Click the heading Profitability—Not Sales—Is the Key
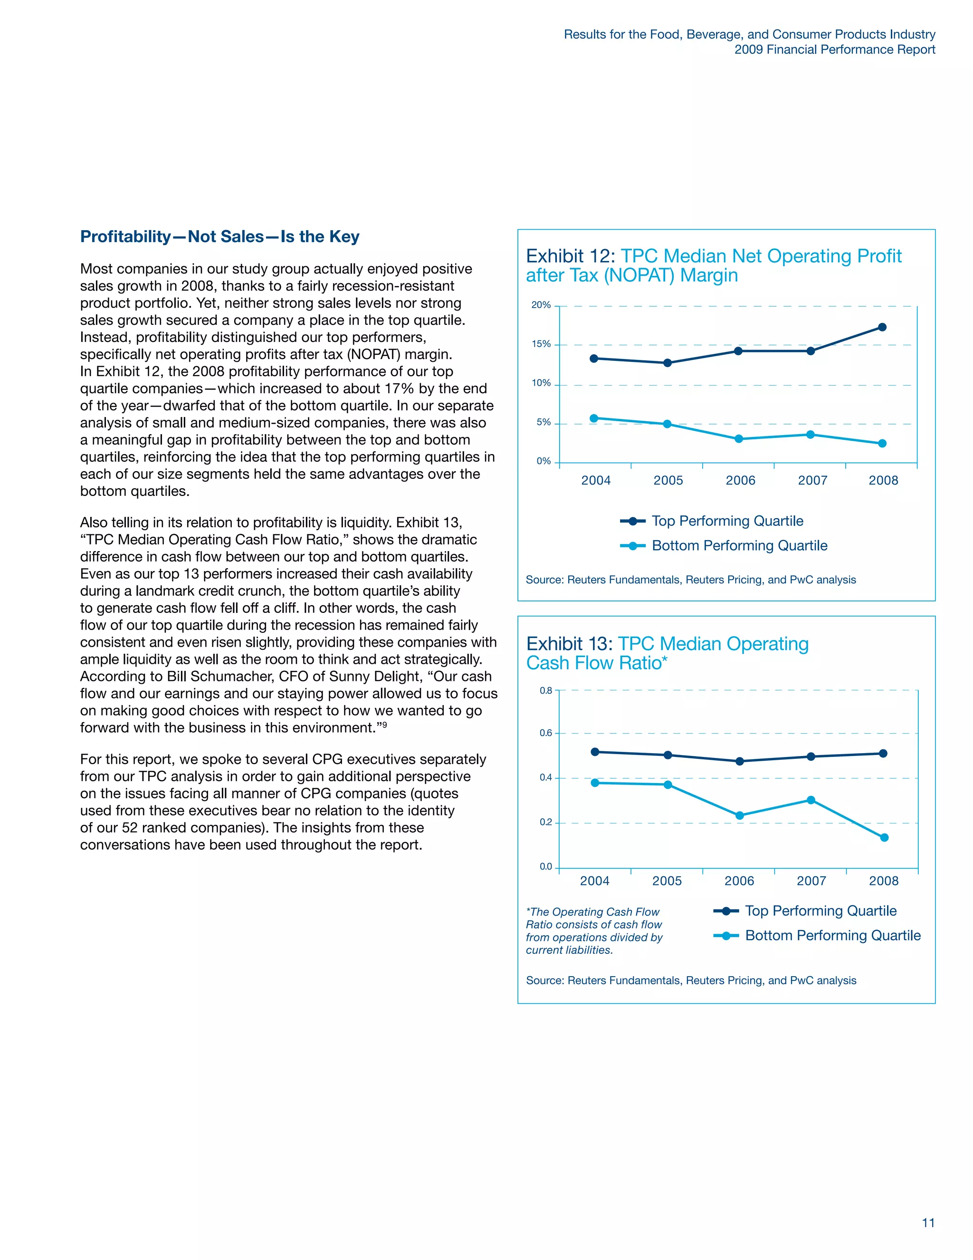pos(219,236)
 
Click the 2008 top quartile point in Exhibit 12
pos(882,327)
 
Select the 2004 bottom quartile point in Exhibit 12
pos(594,418)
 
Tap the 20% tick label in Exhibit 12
pos(541,305)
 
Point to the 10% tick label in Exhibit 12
pos(541,383)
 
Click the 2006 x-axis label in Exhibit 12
pos(740,481)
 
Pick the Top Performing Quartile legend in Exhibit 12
pos(727,521)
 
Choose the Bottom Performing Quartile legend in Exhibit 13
pos(832,935)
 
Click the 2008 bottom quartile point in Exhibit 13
pos(884,837)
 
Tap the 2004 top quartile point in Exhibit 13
pos(595,752)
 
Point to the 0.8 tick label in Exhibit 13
pos(545,690)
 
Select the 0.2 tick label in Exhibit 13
pos(545,822)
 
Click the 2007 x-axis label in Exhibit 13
pos(811,881)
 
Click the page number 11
pos(928,1222)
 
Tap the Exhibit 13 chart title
pos(667,653)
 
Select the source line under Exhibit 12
pos(690,580)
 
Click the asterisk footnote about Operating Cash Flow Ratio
pos(594,930)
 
